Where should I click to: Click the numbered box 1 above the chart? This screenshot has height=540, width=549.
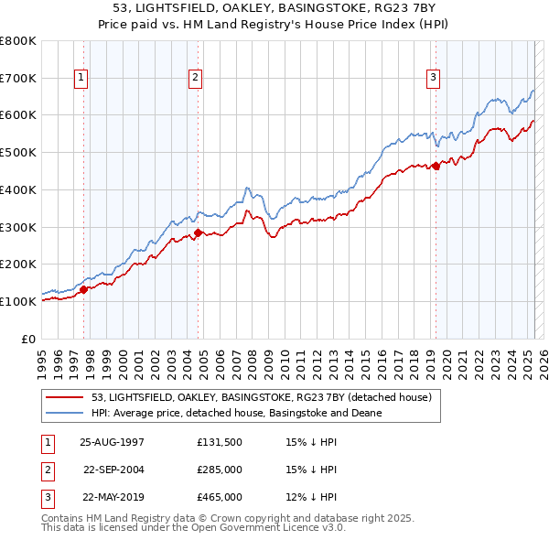(82, 79)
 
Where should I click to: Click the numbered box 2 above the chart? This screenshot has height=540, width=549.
(196, 79)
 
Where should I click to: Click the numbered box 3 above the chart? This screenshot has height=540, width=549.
(433, 79)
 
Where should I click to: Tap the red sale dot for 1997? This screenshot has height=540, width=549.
(83, 289)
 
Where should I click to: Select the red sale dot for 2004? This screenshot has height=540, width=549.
(199, 232)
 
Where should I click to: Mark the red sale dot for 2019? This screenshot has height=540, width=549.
(436, 166)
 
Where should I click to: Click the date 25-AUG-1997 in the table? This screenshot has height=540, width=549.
(112, 441)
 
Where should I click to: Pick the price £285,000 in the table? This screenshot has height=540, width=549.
(220, 470)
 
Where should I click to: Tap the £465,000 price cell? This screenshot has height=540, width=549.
(220, 498)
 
